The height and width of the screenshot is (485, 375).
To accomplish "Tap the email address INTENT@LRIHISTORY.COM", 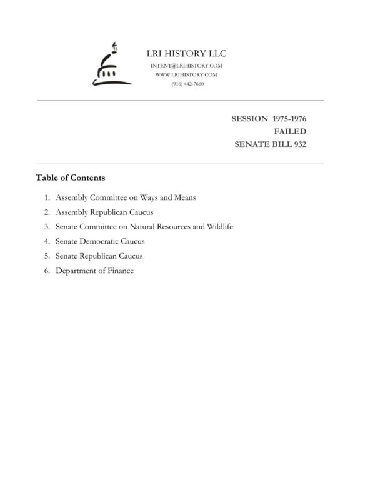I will coord(187,66).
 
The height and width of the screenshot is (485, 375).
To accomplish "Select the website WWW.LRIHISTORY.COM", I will coord(186,74).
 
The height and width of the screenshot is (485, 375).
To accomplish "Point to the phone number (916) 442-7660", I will coord(187,84).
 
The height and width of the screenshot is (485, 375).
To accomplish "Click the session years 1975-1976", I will coord(290,118).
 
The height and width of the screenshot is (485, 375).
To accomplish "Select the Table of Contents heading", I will coord(71,177).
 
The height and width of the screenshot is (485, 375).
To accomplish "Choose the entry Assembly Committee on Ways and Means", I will coord(126,197).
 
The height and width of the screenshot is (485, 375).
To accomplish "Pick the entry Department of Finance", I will coord(94,271).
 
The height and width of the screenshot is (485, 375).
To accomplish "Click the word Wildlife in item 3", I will coord(219,227).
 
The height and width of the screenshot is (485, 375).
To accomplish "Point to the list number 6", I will coord(47,271).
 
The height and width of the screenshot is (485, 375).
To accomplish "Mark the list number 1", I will coord(47,197).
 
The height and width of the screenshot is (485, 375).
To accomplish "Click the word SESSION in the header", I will coord(250,118).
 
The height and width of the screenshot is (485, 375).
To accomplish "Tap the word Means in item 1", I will coord(186,197).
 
